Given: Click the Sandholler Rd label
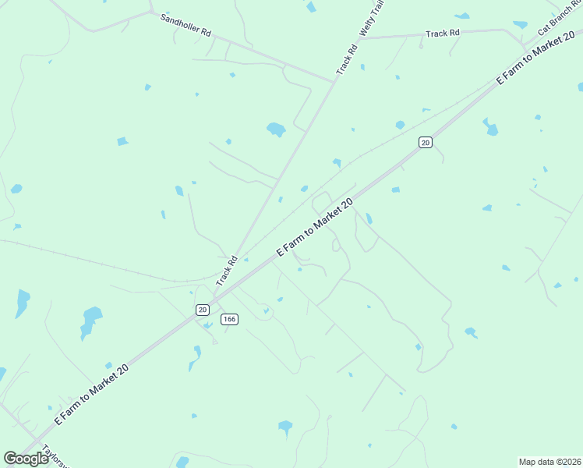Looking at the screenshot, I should (185, 26).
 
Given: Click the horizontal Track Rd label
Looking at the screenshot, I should (443, 34).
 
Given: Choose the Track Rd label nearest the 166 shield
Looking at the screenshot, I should (227, 270).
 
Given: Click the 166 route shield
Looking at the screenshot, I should (229, 319).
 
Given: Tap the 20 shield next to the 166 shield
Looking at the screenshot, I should (203, 310).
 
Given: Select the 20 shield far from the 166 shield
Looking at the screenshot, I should (425, 142).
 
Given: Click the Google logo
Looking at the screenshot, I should (26, 459).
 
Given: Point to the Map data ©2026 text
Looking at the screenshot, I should (550, 462).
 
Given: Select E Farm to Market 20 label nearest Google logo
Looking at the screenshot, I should (91, 393).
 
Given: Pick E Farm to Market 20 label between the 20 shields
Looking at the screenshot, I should (316, 227).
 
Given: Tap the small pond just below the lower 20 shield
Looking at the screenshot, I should (207, 325).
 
